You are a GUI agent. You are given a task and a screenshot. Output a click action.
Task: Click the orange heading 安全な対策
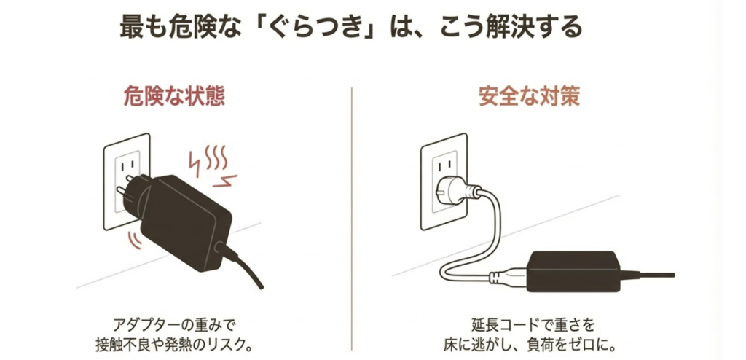pyautogui.click(x=529, y=98)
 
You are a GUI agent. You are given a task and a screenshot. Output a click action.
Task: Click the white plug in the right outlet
pyautogui.click(x=456, y=192)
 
